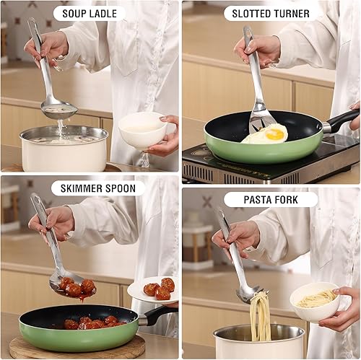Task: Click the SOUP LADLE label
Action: coord(89,14)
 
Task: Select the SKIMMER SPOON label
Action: coord(97,189)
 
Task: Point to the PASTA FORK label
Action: coord(271,199)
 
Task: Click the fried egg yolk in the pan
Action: coord(275,133)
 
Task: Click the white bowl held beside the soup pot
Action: coord(142,130)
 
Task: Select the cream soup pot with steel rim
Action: coord(64,149)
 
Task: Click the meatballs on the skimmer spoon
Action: coord(75,286)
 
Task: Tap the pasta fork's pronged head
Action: coord(249,291)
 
